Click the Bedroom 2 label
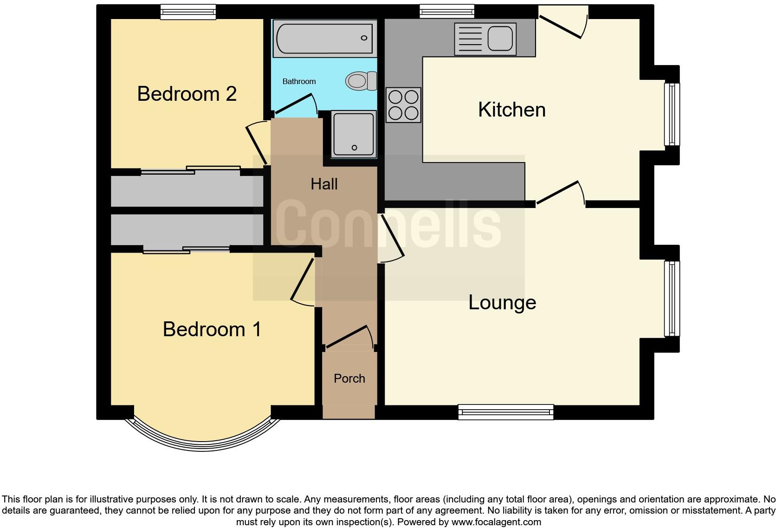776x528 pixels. point(187,94)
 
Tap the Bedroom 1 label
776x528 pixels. point(212,329)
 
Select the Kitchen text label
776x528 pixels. point(511,110)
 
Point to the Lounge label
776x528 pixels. point(502,303)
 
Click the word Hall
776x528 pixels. point(324,184)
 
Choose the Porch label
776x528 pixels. point(349,378)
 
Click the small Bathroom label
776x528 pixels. point(299,82)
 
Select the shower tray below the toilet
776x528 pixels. point(353,134)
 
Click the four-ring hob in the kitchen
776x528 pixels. point(403,105)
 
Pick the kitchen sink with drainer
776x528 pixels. point(485,39)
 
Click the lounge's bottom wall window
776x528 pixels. point(505,412)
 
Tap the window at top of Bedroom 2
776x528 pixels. point(188,12)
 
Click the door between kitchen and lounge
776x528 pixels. point(559,193)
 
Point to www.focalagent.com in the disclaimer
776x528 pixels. point(496,522)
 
